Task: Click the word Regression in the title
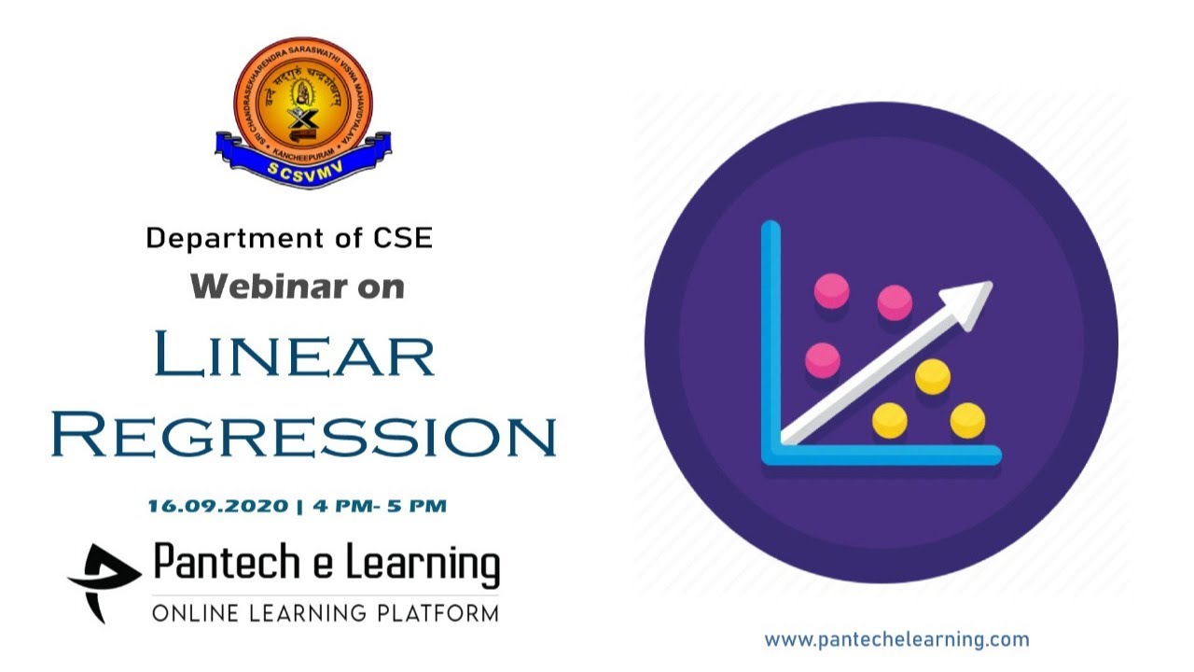304,435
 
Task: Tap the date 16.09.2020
217,507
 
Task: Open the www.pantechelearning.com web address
896,640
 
